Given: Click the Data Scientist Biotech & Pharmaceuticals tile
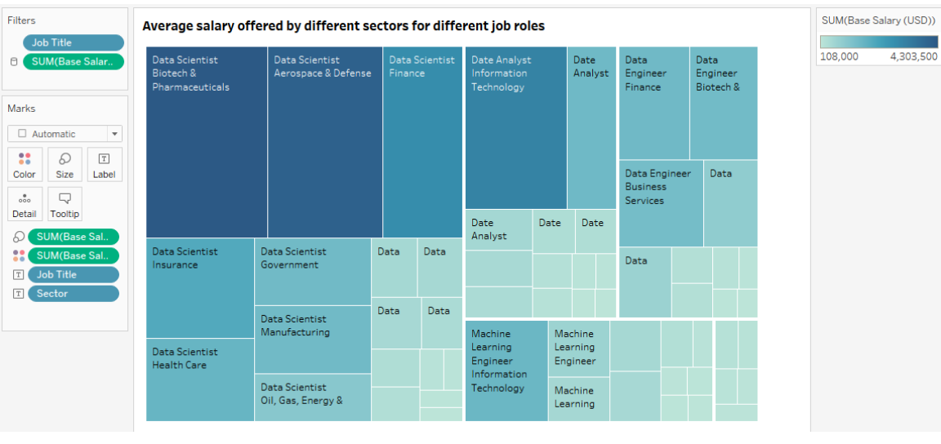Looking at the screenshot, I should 207,143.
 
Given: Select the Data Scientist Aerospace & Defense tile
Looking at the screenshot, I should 324,143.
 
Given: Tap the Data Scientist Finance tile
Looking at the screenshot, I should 422,143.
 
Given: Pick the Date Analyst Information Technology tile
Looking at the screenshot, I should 515,128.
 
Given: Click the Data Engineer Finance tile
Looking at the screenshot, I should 653,104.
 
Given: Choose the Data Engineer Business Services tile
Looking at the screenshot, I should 661,204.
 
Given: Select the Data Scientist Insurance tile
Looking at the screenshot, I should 200,288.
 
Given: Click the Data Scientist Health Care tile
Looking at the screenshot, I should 200,380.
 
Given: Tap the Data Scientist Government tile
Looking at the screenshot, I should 312,272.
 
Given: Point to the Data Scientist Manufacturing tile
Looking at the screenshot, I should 312,340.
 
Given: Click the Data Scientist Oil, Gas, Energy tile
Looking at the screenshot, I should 312,397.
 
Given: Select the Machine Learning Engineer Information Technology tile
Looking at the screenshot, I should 506,371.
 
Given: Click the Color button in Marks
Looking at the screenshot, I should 25,164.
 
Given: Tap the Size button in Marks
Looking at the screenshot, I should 65,164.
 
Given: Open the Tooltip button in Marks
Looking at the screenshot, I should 65,204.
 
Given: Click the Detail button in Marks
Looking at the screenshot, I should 25,204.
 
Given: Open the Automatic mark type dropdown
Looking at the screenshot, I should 65,134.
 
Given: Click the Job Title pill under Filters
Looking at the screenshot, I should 74,43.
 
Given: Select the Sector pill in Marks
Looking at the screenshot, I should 74,294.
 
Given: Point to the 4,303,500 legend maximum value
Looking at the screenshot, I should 913,56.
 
